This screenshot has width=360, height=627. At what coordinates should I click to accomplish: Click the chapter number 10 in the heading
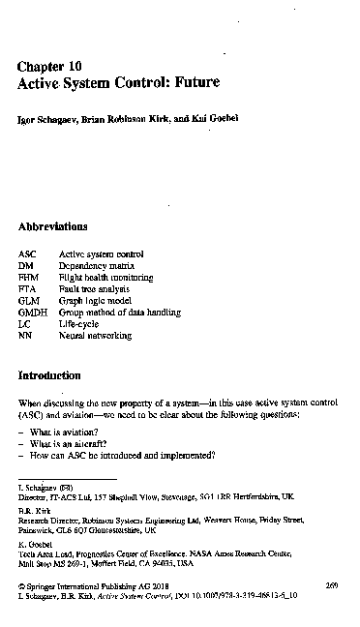pos(74,65)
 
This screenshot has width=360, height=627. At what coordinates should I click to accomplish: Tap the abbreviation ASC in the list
pos(28,254)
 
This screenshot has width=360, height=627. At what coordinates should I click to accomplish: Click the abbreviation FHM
pos(29,277)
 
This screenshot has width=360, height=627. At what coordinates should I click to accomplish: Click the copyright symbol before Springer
pos(22,586)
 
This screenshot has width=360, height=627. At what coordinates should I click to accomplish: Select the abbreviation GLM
pos(29,301)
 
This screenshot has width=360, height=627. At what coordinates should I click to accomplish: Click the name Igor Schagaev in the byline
pos(49,118)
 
